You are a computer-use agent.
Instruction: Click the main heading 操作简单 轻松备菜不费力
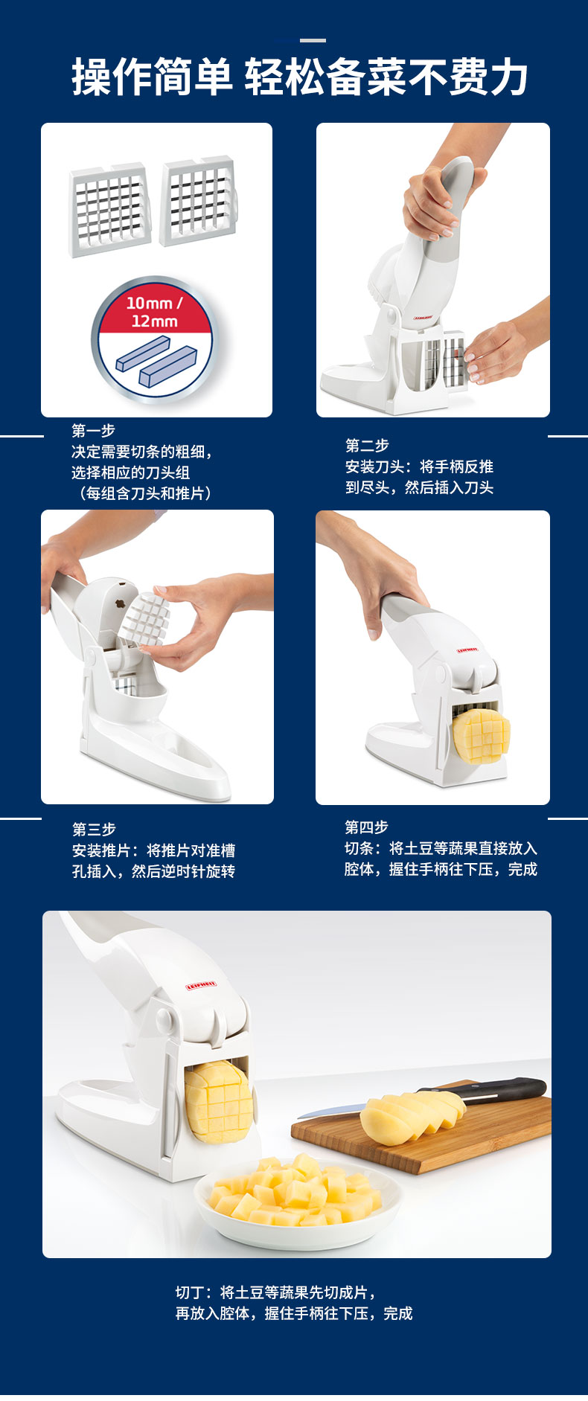click(300, 77)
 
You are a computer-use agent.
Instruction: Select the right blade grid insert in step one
click(199, 201)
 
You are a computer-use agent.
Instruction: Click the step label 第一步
click(93, 430)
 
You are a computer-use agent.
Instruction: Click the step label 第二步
click(367, 445)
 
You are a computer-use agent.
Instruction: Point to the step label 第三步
click(94, 829)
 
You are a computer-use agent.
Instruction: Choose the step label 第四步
click(366, 827)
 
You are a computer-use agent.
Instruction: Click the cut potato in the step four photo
click(481, 737)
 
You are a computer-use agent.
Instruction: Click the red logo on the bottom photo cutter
click(201, 986)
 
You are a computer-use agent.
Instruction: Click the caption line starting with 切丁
click(276, 1292)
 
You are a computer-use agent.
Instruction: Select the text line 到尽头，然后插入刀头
click(419, 487)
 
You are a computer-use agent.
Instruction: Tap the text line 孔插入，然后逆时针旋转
click(153, 871)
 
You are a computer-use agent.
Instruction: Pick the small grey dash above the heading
click(313, 40)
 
